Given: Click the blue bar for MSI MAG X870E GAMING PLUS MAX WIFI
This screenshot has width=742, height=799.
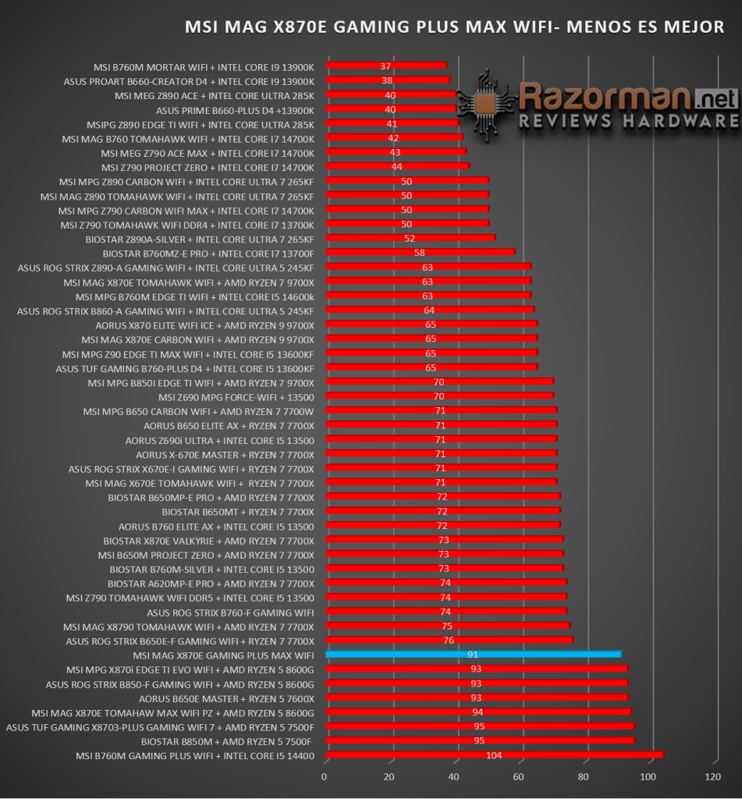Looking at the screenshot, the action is [x=474, y=655].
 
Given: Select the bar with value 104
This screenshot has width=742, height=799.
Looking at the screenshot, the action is [x=495, y=755].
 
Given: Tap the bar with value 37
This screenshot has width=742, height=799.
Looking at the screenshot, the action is [x=385, y=66].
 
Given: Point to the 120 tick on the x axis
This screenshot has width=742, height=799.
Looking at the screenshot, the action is [x=712, y=776].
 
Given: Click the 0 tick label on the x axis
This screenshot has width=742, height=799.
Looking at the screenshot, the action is [x=324, y=776].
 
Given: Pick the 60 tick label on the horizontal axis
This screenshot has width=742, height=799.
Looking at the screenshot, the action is [x=518, y=776].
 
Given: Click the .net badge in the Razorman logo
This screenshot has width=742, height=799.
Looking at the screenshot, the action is [x=716, y=98].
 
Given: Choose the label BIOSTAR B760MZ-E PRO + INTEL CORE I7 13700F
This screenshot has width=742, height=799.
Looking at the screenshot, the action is [x=208, y=254].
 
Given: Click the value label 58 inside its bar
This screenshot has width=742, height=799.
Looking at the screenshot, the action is [x=420, y=253].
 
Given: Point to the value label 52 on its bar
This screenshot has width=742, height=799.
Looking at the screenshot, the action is [x=409, y=239].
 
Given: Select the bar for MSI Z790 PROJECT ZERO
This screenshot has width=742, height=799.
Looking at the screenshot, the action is [x=397, y=165].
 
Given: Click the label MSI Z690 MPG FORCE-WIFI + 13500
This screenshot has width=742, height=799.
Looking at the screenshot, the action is [x=236, y=397].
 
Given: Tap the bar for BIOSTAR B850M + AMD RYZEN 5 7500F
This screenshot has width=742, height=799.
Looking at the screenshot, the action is [x=480, y=740].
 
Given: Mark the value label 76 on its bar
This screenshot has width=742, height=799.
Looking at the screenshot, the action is [x=449, y=640].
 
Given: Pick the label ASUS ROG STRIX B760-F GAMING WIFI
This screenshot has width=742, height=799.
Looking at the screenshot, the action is [x=230, y=613].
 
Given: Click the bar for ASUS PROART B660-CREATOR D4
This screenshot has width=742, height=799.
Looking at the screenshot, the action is [x=388, y=80].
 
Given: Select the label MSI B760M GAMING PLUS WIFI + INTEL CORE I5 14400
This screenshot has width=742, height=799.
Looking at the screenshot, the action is [x=195, y=756].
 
